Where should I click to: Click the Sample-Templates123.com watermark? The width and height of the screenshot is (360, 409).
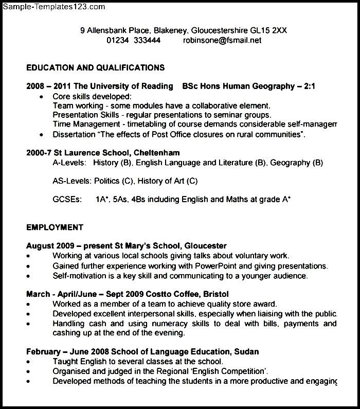pyautogui.click(x=53, y=7)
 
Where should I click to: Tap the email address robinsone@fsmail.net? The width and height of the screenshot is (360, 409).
pyautogui.click(x=222, y=40)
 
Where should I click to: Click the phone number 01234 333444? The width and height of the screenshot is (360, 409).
pyautogui.click(x=133, y=40)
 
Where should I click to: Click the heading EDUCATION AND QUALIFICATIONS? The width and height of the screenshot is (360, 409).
pyautogui.click(x=96, y=67)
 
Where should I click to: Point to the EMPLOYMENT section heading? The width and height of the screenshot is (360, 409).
pyautogui.click(x=55, y=227)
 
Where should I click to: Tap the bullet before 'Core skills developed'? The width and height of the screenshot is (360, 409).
pyautogui.click(x=41, y=97)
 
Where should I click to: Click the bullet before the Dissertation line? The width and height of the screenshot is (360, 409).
pyautogui.click(x=41, y=135)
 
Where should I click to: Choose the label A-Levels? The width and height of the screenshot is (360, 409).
pyautogui.click(x=69, y=163)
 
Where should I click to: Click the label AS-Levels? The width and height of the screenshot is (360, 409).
pyautogui.click(x=72, y=181)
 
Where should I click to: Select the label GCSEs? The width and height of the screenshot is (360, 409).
pyautogui.click(x=67, y=200)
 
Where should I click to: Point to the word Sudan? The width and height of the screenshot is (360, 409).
pyautogui.click(x=246, y=352)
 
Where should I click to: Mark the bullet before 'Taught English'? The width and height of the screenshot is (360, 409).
pyautogui.click(x=29, y=362)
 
